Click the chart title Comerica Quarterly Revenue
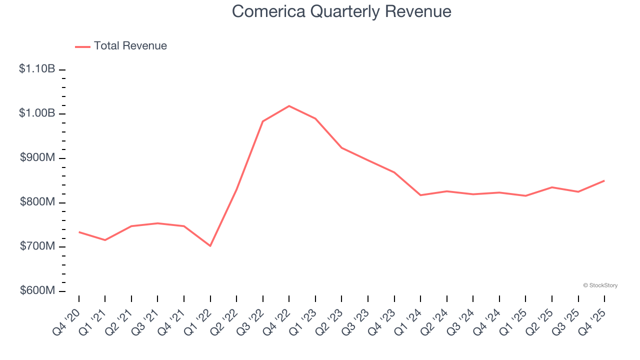(x=341, y=11)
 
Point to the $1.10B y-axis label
(x=37, y=69)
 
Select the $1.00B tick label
(x=37, y=113)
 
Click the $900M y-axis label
(x=37, y=158)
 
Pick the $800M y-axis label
(x=37, y=202)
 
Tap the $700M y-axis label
(x=37, y=246)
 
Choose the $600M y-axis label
(x=37, y=291)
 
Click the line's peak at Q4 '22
(x=289, y=106)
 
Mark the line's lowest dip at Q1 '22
(x=210, y=246)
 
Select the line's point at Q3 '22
(x=263, y=121)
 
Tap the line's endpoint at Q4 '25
(x=604, y=180)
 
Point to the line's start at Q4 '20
(x=79, y=232)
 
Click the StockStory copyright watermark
(x=600, y=285)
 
